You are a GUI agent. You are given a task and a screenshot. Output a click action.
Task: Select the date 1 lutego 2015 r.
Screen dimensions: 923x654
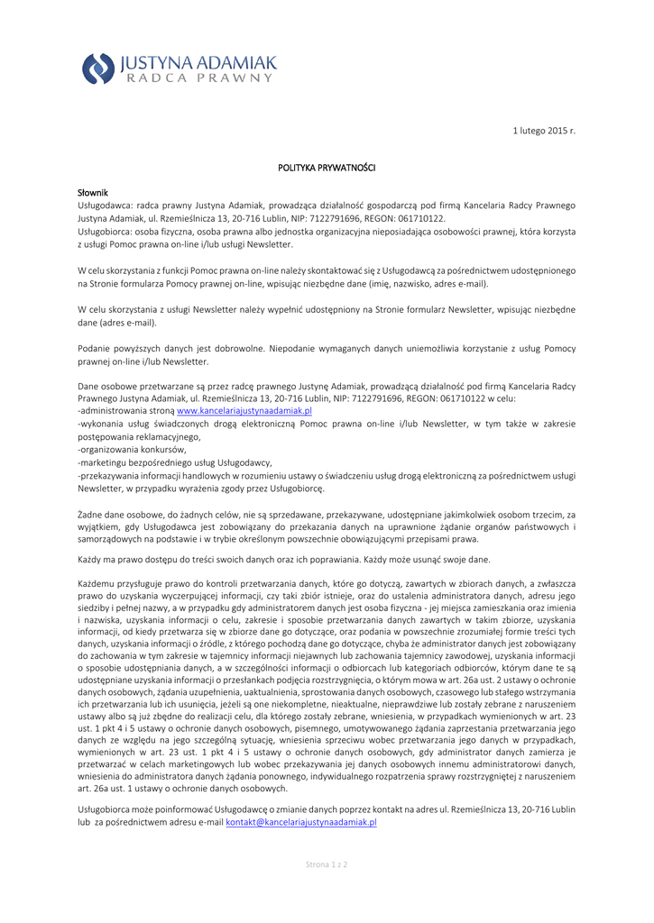tap(544, 132)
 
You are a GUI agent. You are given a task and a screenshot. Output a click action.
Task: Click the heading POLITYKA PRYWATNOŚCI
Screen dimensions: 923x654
tap(327, 168)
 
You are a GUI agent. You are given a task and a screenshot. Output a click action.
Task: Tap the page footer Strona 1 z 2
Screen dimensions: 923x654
tap(327, 864)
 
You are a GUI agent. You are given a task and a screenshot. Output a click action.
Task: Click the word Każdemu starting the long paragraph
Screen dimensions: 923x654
tap(97, 585)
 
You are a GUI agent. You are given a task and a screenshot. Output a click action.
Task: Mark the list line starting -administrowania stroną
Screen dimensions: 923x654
tap(126, 410)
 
